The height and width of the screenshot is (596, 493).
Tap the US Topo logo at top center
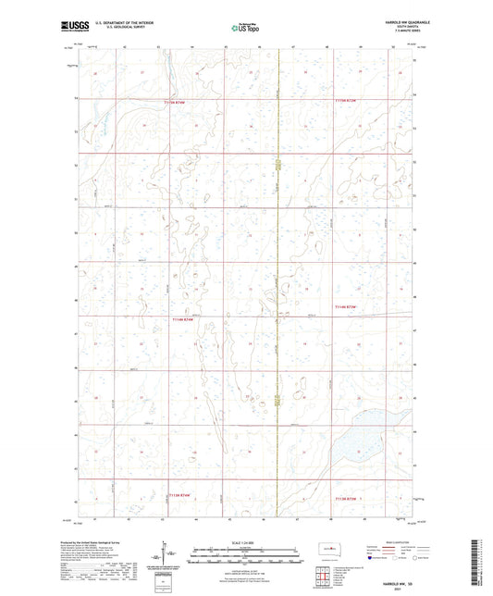pos(245,30)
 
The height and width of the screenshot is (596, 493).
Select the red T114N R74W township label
pos(185,319)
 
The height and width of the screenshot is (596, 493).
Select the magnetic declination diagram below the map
pos(164,552)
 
